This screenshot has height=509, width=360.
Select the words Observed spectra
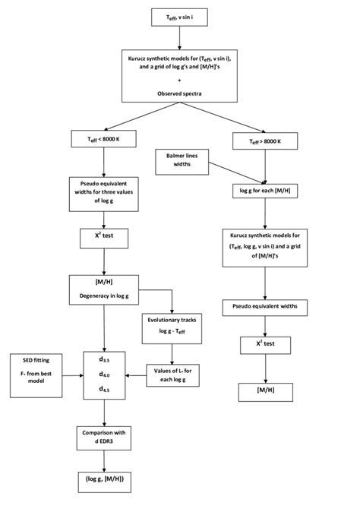click(x=179, y=92)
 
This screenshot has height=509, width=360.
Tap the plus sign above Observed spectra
click(x=179, y=79)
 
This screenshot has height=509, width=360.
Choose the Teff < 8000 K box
click(x=102, y=140)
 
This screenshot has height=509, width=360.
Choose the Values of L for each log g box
click(x=172, y=372)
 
